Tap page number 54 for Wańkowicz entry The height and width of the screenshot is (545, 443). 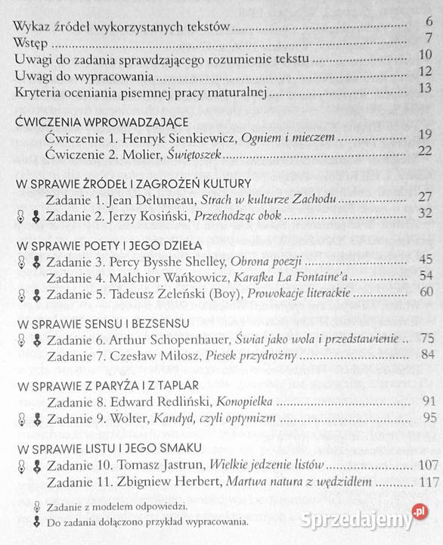pos(426,276)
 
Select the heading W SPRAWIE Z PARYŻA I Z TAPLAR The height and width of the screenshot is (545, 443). pos(107,386)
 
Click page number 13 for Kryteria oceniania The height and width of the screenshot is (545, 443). pos(425,92)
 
